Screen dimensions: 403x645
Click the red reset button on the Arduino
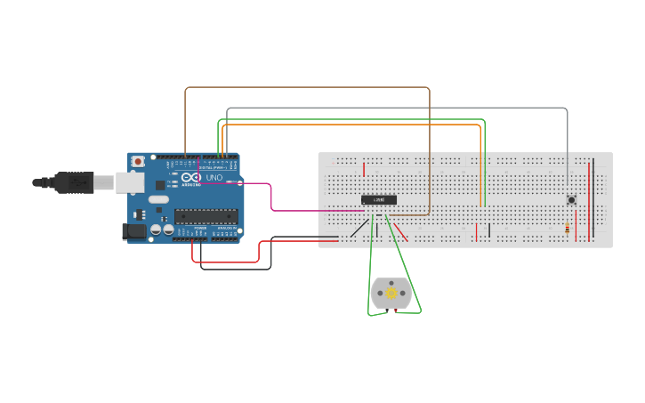[138, 161]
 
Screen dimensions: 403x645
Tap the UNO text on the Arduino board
[214, 178]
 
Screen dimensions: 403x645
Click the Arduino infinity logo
[190, 178]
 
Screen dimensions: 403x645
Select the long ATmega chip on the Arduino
[206, 215]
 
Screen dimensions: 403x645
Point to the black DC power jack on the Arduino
[133, 231]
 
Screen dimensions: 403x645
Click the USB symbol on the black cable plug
[78, 182]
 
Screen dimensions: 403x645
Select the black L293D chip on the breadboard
[378, 199]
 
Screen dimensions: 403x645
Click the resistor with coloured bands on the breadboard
[568, 228]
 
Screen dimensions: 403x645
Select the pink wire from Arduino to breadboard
[271, 200]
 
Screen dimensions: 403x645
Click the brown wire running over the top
[307, 87]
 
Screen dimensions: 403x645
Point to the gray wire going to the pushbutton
[400, 108]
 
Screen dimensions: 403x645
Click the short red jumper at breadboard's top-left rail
[364, 169]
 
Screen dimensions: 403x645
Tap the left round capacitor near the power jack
[156, 229]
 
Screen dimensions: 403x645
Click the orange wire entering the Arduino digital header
[356, 125]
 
